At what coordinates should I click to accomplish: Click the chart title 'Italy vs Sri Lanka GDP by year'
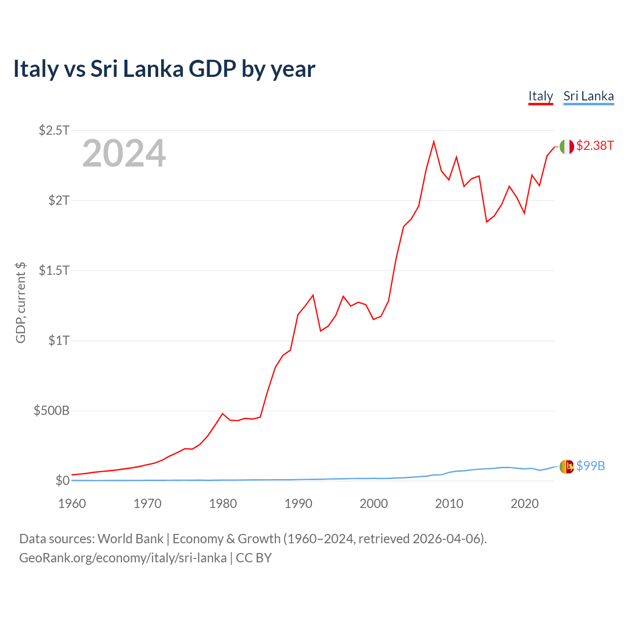pyautogui.click(x=164, y=69)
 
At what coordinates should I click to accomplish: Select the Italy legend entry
pyautogui.click(x=540, y=96)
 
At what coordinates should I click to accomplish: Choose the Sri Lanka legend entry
pyautogui.click(x=588, y=96)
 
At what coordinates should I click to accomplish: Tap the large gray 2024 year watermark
pyautogui.click(x=124, y=153)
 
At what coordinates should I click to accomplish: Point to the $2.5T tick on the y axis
pyautogui.click(x=54, y=130)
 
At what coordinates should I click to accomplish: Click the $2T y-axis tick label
pyautogui.click(x=59, y=200)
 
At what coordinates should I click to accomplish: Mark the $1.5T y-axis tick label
pyautogui.click(x=54, y=270)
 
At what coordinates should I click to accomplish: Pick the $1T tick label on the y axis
pyautogui.click(x=59, y=340)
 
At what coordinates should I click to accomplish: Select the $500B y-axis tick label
pyautogui.click(x=51, y=410)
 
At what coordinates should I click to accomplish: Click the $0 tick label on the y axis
pyautogui.click(x=62, y=481)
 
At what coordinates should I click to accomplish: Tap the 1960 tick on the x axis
pyautogui.click(x=72, y=504)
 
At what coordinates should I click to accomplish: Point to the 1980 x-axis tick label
pyautogui.click(x=223, y=504)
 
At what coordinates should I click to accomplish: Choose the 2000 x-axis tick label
pyautogui.click(x=374, y=504)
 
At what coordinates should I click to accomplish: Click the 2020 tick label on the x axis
pyautogui.click(x=525, y=504)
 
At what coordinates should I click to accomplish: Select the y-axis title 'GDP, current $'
pyautogui.click(x=21, y=303)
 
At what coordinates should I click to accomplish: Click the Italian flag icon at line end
pyautogui.click(x=567, y=146)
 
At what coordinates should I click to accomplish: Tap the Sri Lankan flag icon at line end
pyautogui.click(x=567, y=467)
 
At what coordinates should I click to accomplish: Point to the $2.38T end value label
pyautogui.click(x=595, y=145)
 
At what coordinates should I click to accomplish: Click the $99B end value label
pyautogui.click(x=591, y=466)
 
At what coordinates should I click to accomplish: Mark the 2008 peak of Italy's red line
pyautogui.click(x=434, y=142)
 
